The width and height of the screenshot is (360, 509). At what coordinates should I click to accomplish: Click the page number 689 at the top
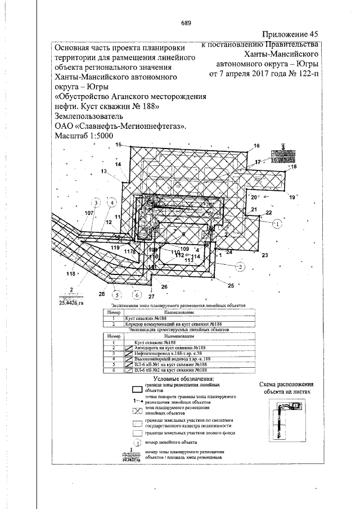pos(186,23)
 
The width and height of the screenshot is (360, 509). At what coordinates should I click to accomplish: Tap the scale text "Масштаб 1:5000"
pos(85,136)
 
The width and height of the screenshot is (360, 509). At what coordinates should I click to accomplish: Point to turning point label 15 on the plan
pos(118,145)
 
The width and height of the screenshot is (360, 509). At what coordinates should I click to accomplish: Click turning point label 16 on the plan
pos(256,146)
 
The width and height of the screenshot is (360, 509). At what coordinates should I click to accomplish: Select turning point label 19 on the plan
pos(291,197)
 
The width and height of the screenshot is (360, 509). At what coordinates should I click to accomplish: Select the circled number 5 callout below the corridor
pos(116,294)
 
